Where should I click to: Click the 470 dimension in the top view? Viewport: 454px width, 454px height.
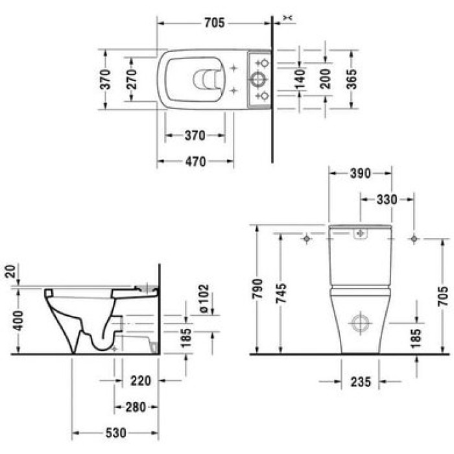point(193,161)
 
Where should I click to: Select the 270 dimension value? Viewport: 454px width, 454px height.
point(131,78)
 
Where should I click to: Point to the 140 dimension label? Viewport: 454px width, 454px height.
point(299,79)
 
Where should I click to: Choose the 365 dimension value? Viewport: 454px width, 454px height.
point(352,78)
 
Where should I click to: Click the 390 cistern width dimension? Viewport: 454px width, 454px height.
point(359,173)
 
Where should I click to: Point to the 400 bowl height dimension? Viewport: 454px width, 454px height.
point(18,320)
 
